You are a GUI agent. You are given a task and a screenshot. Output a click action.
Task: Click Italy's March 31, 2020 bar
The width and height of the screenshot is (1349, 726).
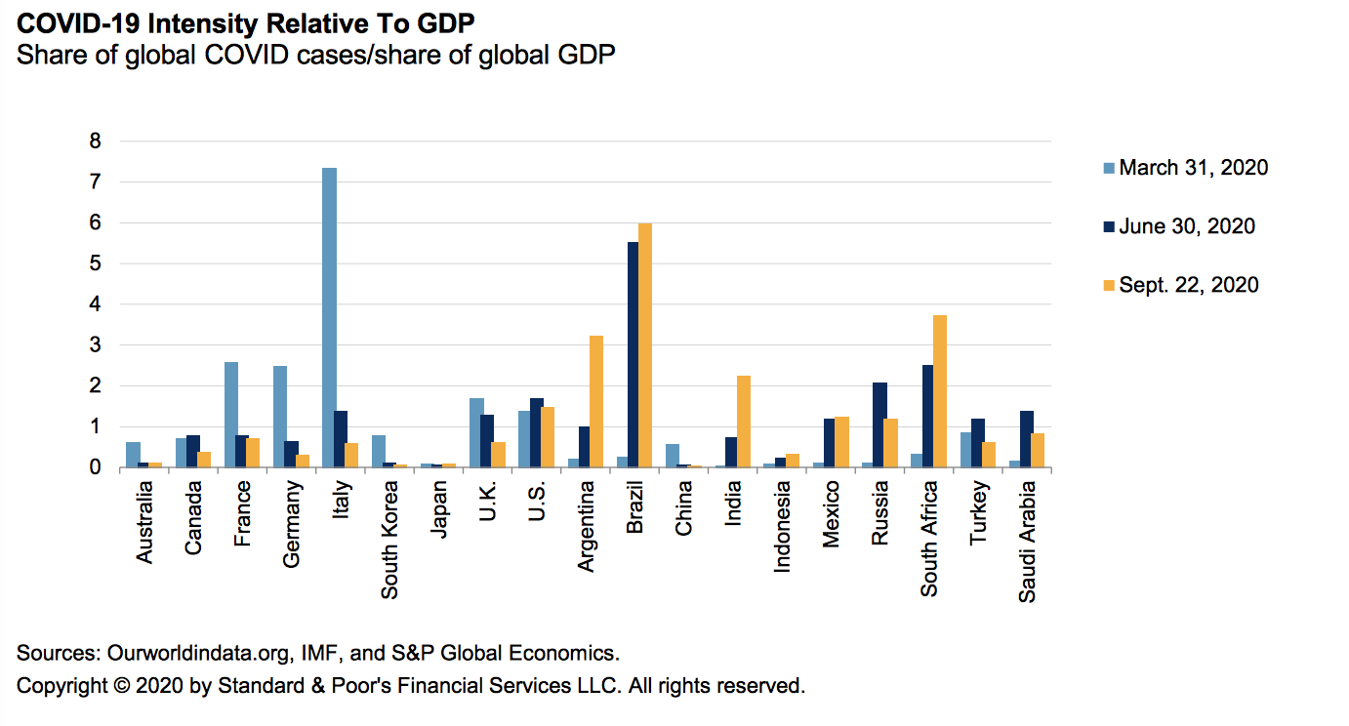[329, 318]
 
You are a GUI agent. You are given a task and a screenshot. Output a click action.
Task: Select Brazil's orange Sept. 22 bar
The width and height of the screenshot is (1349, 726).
[644, 345]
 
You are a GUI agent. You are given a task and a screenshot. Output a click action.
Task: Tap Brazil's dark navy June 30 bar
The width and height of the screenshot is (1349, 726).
[633, 355]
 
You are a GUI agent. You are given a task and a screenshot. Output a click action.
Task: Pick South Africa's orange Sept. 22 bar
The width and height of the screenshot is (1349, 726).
[939, 391]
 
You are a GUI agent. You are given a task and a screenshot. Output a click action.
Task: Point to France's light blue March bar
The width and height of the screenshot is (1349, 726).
[231, 415]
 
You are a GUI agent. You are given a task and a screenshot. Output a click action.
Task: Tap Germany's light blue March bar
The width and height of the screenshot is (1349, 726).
[280, 417]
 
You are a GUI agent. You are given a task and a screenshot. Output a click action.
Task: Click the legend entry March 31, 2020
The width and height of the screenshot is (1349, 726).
[1193, 168]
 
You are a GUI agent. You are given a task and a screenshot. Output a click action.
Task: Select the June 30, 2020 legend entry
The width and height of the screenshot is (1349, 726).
[1186, 226]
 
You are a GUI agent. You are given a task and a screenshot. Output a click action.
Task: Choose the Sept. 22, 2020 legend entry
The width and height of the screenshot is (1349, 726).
[1188, 285]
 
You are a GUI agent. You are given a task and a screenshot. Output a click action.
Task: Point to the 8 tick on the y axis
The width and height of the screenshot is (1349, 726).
[95, 141]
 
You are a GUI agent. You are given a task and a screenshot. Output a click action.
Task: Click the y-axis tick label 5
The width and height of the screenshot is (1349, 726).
[95, 263]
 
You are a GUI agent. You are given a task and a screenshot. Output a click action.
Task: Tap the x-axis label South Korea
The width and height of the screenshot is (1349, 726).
[389, 537]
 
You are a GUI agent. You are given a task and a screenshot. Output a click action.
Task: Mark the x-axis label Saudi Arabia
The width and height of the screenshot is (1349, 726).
[1027, 540]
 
